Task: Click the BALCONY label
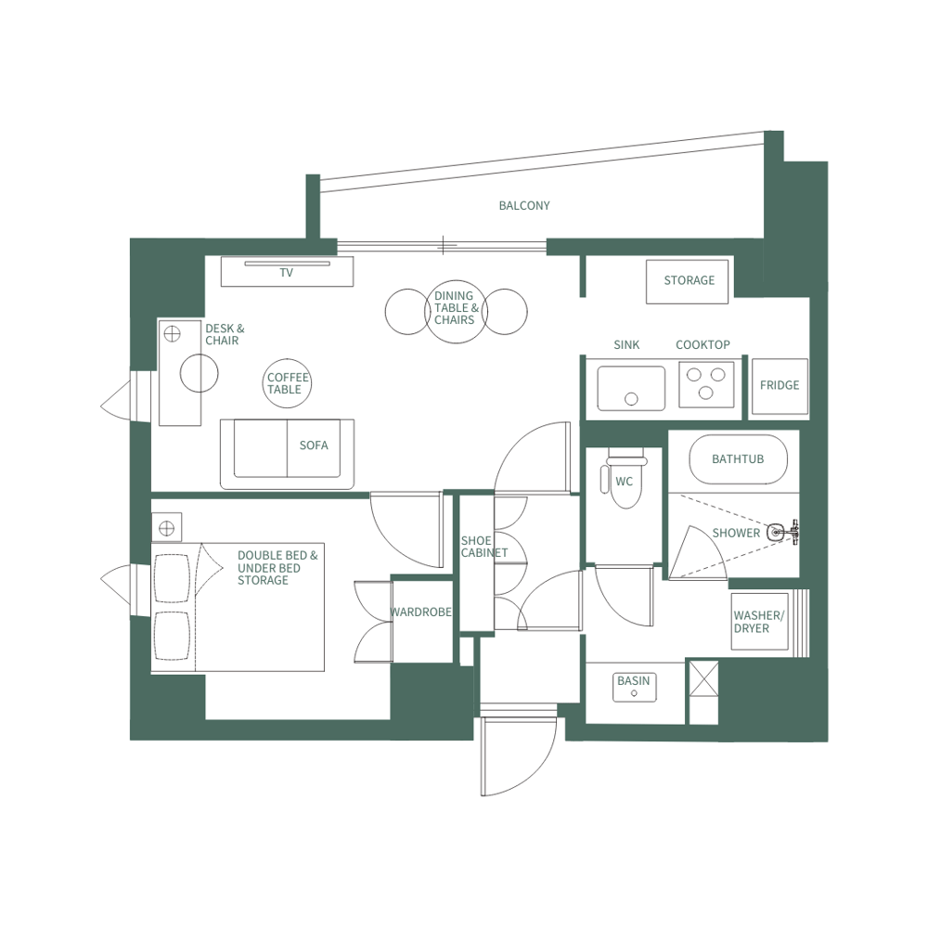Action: pyautogui.click(x=524, y=205)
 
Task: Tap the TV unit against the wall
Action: pyautogui.click(x=287, y=272)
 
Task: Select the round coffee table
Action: pyautogui.click(x=287, y=383)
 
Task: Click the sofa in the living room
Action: pyautogui.click(x=288, y=452)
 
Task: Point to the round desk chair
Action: pyautogui.click(x=199, y=374)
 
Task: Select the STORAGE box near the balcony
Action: pyautogui.click(x=688, y=281)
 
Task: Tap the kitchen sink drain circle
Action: pyautogui.click(x=631, y=399)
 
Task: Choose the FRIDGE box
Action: pyautogui.click(x=779, y=386)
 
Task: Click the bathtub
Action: pyautogui.click(x=739, y=459)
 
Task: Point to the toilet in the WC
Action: pyautogui.click(x=625, y=483)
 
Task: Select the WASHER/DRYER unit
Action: pyautogui.click(x=758, y=622)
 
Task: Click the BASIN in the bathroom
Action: pyautogui.click(x=634, y=687)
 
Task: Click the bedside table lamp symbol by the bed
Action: pyautogui.click(x=166, y=528)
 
